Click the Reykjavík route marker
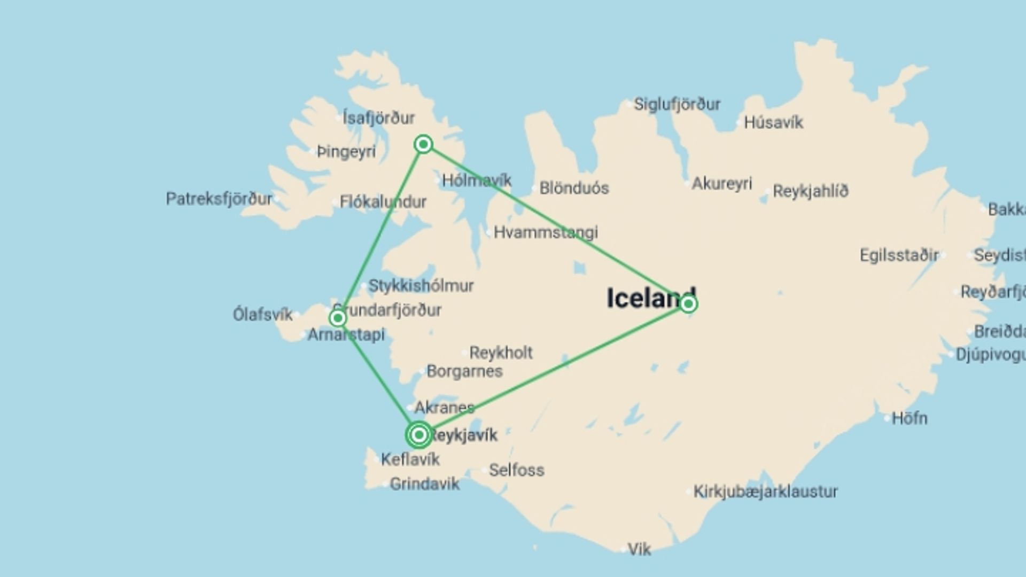pyautogui.click(x=419, y=435)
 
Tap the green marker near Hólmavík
pyautogui.click(x=423, y=144)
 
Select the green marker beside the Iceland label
pyautogui.click(x=688, y=304)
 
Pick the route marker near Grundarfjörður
pyautogui.click(x=337, y=318)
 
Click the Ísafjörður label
pyautogui.click(x=378, y=118)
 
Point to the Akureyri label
pyautogui.click(x=721, y=184)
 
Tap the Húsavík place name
pyautogui.click(x=773, y=123)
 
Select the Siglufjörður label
pyautogui.click(x=677, y=104)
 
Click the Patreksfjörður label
pyautogui.click(x=219, y=199)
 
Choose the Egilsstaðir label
pyautogui.click(x=899, y=255)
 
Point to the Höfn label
pyautogui.click(x=910, y=418)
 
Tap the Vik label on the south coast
pyautogui.click(x=639, y=549)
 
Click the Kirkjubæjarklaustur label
pyautogui.click(x=765, y=492)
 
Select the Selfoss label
pyautogui.click(x=516, y=470)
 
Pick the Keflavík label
pyautogui.click(x=410, y=459)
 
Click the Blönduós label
pyautogui.click(x=574, y=188)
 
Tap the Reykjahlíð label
pyautogui.click(x=810, y=191)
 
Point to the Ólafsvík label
pyautogui.click(x=262, y=315)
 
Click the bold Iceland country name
pyautogui.click(x=651, y=298)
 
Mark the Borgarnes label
pyautogui.click(x=464, y=371)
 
